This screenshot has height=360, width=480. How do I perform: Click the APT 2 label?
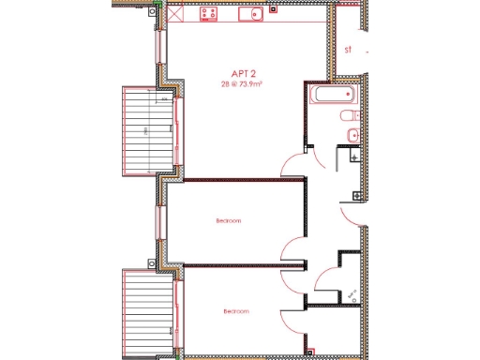click(x=246, y=72)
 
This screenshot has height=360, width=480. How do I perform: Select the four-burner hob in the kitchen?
click(x=208, y=13)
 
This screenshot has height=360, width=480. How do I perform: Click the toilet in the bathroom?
click(x=350, y=115)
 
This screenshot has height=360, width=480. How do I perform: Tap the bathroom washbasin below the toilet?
click(x=352, y=137)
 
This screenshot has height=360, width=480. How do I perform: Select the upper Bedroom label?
click(x=228, y=221)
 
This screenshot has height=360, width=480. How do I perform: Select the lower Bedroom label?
click(x=235, y=311)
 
